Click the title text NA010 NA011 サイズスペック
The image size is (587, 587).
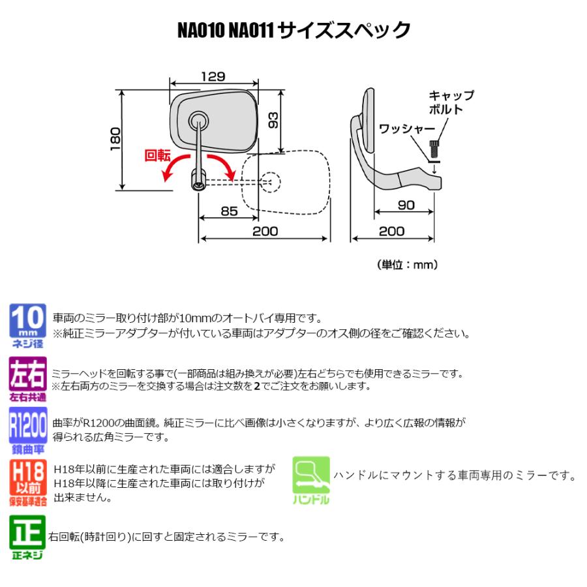click(294, 31)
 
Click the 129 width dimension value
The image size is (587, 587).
click(213, 76)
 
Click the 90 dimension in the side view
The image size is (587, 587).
click(406, 205)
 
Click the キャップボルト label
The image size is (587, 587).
click(451, 102)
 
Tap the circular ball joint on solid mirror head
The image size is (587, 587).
click(198, 119)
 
